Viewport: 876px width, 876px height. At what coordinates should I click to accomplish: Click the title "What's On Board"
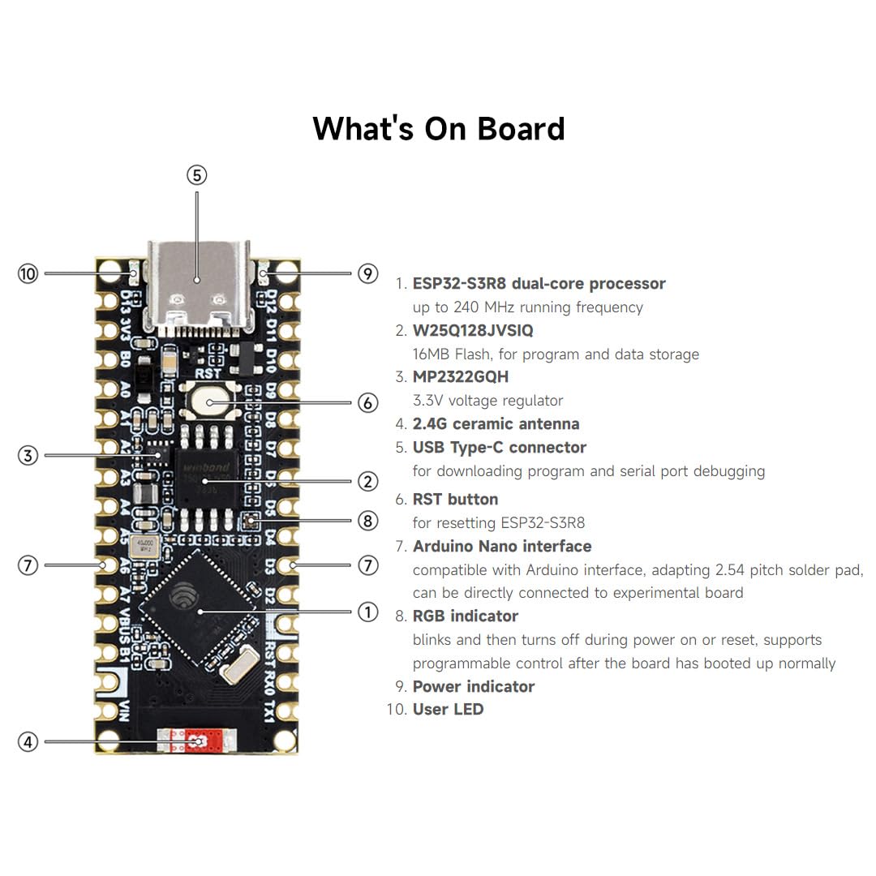click(x=438, y=129)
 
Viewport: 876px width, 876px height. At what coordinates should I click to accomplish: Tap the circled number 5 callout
click(x=197, y=175)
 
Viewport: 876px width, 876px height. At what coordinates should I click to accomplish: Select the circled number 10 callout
click(x=28, y=274)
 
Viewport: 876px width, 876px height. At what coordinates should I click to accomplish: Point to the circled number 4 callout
click(x=28, y=741)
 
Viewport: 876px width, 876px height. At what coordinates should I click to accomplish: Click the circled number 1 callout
click(x=368, y=612)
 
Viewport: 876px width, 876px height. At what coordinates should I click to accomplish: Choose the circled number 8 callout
click(x=368, y=521)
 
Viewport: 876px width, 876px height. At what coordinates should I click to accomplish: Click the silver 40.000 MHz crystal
click(x=147, y=545)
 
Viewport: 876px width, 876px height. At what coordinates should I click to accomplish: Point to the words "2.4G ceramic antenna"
click(x=496, y=423)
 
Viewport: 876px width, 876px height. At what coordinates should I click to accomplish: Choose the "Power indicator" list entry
click(x=473, y=686)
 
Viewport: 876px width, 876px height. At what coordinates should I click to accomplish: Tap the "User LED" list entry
click(x=448, y=709)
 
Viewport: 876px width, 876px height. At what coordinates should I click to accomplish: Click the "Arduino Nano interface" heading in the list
click(x=502, y=546)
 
